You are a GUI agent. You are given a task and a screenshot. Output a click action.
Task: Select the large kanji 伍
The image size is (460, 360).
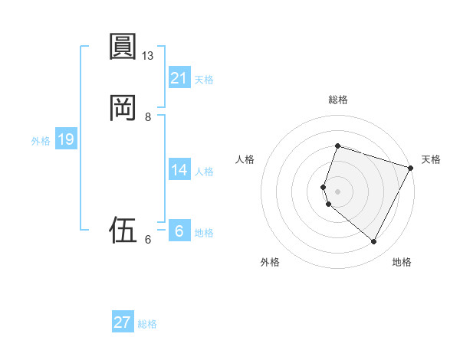(x=123, y=229)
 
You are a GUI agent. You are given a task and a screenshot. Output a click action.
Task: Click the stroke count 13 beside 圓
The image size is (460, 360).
(x=148, y=56)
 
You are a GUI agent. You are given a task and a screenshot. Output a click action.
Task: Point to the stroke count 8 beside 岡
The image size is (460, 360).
(x=148, y=117)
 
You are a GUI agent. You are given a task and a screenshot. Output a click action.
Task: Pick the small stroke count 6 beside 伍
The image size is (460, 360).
(x=148, y=240)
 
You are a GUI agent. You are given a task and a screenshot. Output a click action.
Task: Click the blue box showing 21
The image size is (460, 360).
(x=179, y=78)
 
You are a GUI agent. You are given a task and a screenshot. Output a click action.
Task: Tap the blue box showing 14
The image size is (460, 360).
(x=179, y=170)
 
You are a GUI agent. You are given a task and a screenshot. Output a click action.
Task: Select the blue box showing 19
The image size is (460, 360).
(x=66, y=139)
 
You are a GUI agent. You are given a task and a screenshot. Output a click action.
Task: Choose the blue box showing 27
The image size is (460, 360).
(x=123, y=322)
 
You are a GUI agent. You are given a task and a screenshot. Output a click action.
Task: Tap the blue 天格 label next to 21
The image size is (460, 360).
(x=204, y=80)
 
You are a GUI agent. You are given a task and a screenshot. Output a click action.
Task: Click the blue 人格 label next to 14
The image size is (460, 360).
(x=204, y=172)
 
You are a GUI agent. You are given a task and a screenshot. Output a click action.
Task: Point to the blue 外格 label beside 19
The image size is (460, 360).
(x=41, y=141)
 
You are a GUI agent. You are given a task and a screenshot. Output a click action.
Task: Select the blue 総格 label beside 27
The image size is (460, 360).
(x=147, y=324)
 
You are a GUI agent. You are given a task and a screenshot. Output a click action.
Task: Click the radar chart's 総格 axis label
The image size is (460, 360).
(x=338, y=100)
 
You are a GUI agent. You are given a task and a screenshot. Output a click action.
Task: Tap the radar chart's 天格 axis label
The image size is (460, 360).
(x=431, y=159)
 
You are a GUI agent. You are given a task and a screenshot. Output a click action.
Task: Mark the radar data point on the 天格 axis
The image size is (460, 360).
(x=411, y=168)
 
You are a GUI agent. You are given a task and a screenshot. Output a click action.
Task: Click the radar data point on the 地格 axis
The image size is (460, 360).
(x=373, y=242)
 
